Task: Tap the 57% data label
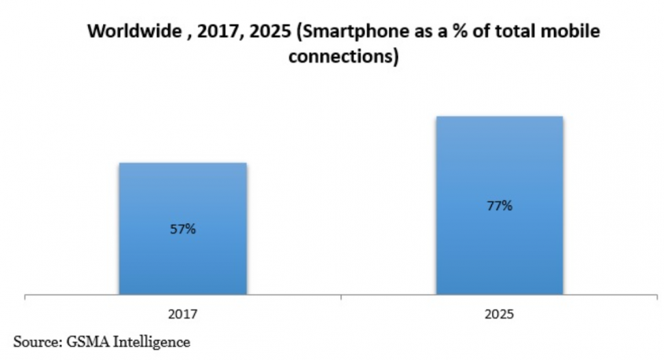183,230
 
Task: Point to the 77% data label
500,206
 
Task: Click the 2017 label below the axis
182,314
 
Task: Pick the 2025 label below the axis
500,314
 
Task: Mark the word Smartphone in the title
336,32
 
